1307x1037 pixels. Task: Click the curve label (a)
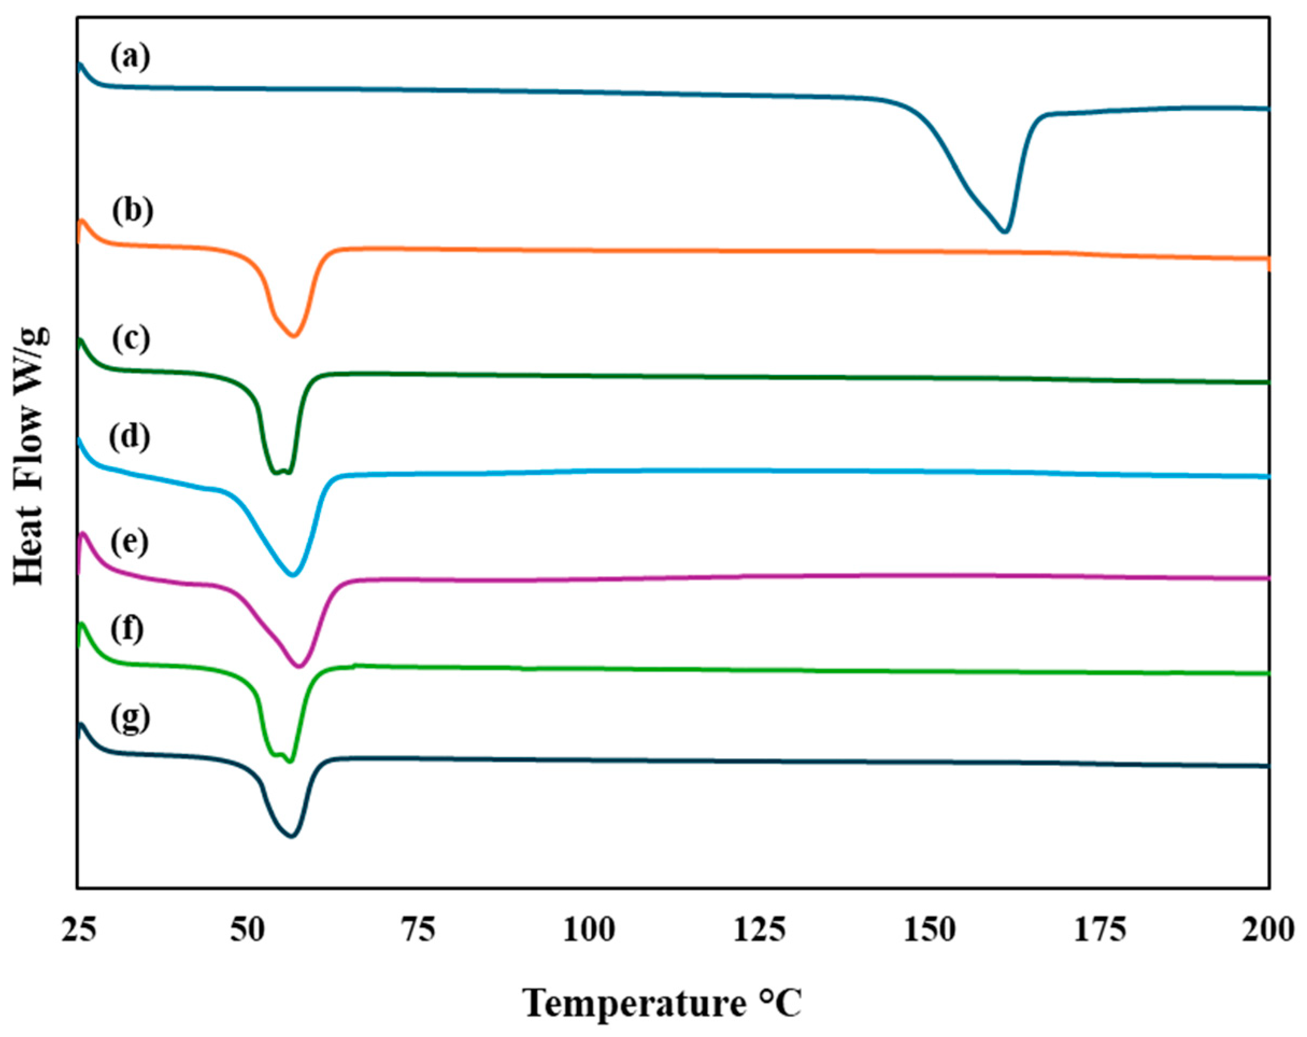tap(130, 59)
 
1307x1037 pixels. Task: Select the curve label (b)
tap(132, 211)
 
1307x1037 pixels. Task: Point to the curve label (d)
tap(130, 437)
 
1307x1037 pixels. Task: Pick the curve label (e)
tap(130, 542)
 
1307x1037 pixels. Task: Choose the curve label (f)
tap(127, 629)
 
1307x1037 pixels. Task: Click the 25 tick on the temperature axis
tap(79, 929)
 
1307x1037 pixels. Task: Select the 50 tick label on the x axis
tap(247, 929)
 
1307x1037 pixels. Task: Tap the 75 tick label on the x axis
tap(418, 929)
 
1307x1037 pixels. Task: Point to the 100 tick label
tap(589, 929)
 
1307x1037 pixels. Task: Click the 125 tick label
tap(760, 929)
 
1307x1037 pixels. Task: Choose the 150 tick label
tap(930, 929)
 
